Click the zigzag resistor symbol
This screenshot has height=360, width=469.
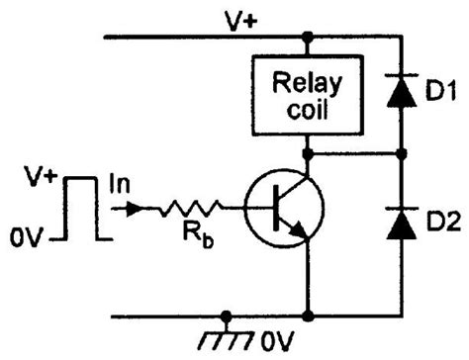pos(192,209)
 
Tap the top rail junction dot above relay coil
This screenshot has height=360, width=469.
pos(309,38)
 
